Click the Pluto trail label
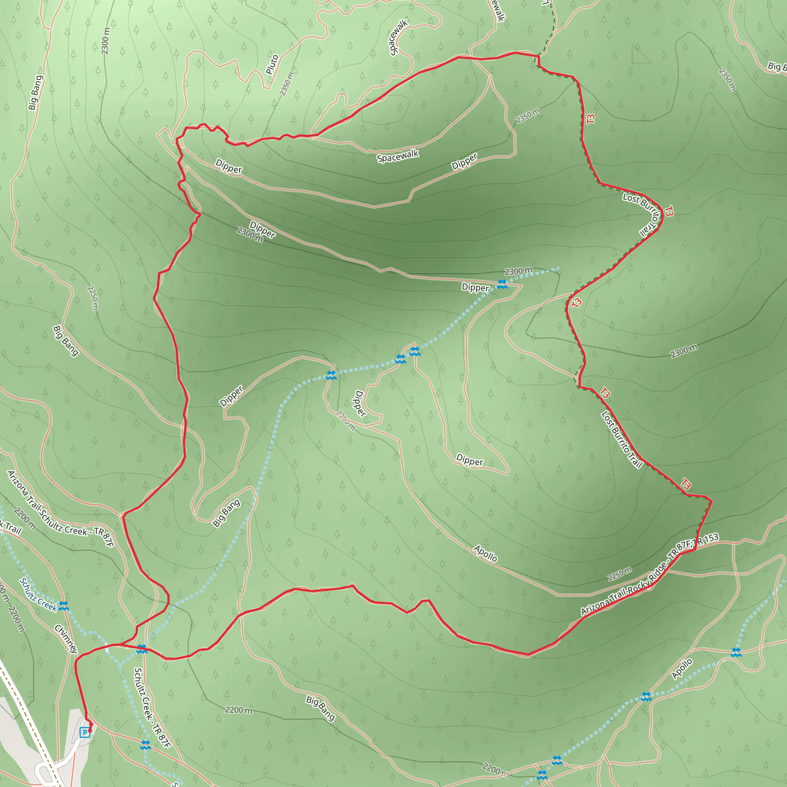[x=272, y=64]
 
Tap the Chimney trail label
[x=66, y=639]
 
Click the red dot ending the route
[x=90, y=731]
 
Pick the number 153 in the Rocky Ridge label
[x=711, y=538]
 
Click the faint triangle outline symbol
[x=640, y=54]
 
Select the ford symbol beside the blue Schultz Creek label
[x=63, y=606]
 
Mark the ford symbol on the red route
[x=142, y=649]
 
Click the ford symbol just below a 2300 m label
[x=502, y=284]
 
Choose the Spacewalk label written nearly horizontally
[x=398, y=156]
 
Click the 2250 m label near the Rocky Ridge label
[x=619, y=574]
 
